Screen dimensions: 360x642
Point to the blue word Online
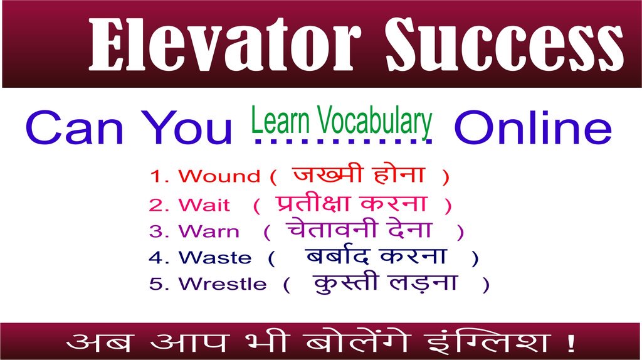(532, 129)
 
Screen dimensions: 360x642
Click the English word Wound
(219, 177)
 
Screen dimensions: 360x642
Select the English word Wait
(204, 205)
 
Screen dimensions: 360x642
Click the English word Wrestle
(222, 284)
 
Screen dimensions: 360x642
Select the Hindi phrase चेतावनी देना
(359, 230)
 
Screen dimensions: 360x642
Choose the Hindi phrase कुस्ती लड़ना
(385, 282)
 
